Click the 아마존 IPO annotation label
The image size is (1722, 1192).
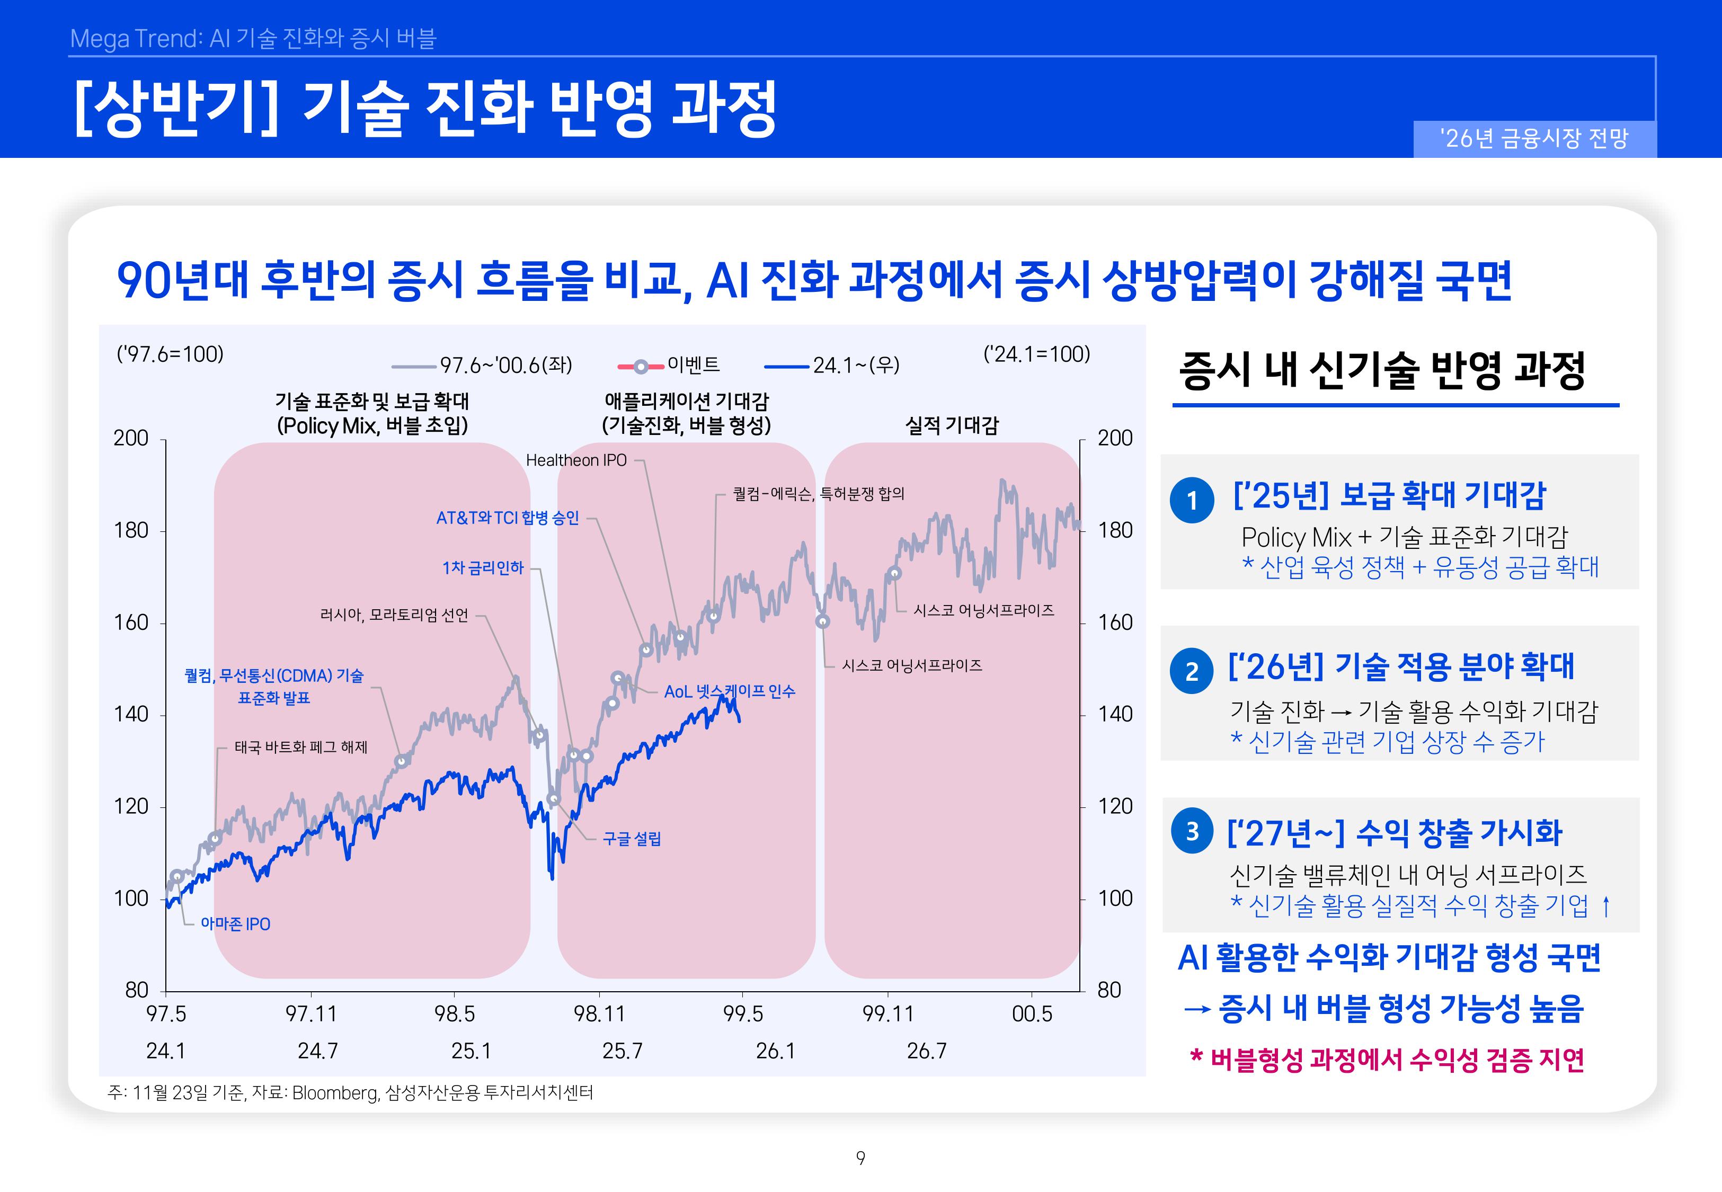[235, 924]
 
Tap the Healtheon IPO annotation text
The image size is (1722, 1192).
[576, 460]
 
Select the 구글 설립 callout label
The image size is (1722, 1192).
[632, 839]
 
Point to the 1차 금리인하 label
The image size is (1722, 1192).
[483, 567]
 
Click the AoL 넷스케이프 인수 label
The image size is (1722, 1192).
[729, 691]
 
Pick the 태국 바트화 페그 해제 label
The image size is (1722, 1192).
[301, 747]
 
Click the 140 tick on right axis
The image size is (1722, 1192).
[1115, 714]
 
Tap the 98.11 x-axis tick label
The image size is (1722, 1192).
[599, 1013]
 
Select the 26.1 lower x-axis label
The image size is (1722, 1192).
[775, 1051]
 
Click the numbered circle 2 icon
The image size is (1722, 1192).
[1191, 671]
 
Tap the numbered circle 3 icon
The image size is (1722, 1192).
[1192, 831]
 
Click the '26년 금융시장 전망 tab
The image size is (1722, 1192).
[1534, 138]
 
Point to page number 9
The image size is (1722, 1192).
[860, 1158]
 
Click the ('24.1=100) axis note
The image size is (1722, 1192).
[1036, 354]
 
